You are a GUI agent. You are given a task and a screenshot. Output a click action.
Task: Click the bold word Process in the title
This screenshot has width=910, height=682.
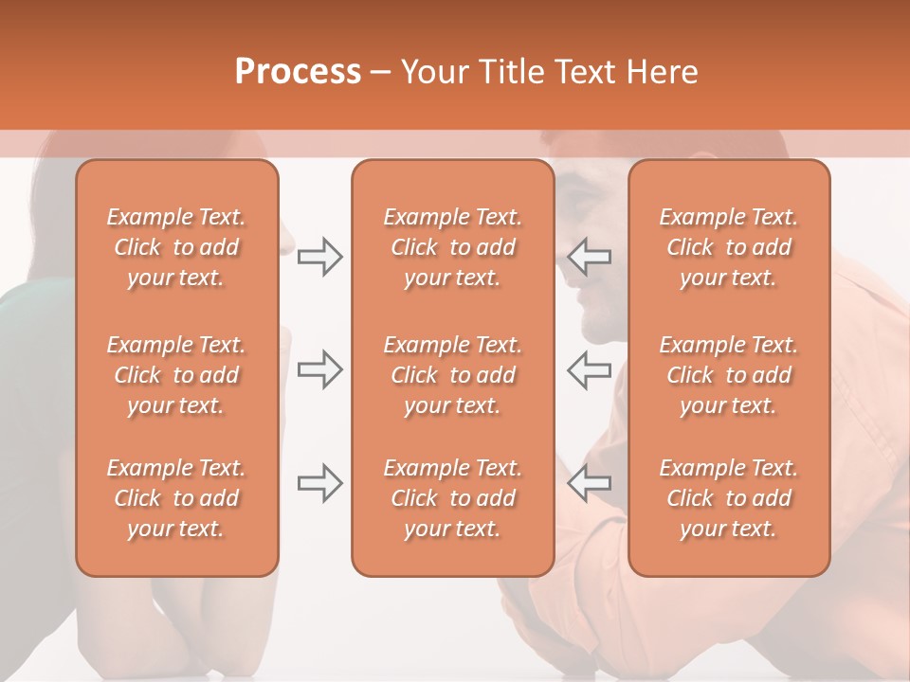click(298, 72)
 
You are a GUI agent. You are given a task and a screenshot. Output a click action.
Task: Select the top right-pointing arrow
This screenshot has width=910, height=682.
click(319, 257)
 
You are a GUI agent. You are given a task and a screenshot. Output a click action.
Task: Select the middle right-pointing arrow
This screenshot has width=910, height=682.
click(319, 370)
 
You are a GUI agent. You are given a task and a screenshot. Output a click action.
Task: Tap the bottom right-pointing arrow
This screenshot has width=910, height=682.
click(319, 483)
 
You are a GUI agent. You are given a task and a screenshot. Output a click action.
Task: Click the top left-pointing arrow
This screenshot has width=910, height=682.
click(589, 257)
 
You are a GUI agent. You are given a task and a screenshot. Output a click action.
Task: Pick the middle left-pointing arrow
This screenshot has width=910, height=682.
click(589, 370)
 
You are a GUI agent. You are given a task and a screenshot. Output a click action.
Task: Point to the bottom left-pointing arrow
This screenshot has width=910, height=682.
click(589, 483)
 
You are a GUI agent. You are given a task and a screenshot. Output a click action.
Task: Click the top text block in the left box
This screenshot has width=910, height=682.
click(176, 247)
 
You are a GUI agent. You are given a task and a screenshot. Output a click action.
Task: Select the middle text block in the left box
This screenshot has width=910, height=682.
click(176, 375)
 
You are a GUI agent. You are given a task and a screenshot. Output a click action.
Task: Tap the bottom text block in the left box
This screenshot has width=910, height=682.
click(176, 498)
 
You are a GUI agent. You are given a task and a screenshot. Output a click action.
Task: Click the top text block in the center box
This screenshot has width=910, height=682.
click(452, 247)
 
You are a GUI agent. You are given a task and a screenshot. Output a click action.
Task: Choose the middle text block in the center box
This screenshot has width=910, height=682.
click(452, 375)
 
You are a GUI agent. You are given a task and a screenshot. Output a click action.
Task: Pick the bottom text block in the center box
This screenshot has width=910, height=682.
click(452, 498)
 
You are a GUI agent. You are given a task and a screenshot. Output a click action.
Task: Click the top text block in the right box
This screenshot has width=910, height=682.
click(729, 247)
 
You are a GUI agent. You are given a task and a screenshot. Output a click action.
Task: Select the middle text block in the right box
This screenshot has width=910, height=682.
click(729, 375)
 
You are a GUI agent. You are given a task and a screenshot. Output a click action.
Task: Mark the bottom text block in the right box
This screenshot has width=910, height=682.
click(729, 498)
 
